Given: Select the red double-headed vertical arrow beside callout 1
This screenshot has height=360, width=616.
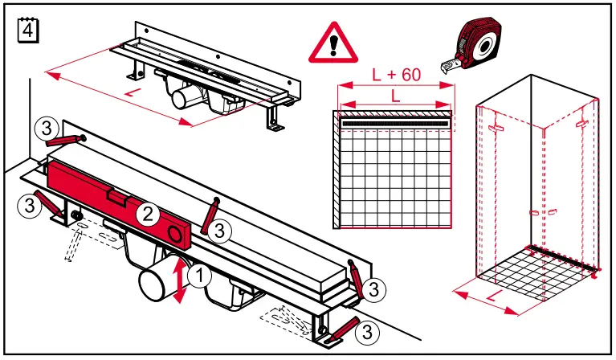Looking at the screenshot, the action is click(180, 281).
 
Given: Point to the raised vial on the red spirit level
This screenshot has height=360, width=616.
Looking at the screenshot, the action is click(116, 195).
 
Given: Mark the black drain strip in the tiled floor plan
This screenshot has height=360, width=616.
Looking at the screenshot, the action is click(395, 123).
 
